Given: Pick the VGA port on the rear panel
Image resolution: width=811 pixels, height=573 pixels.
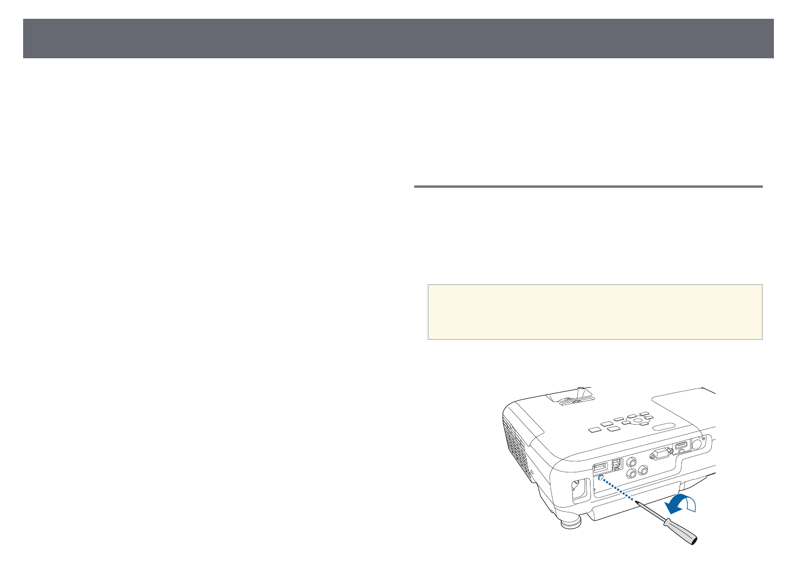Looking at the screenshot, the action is tap(660, 454).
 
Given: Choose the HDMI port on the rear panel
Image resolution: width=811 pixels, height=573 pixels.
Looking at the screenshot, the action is tap(681, 447).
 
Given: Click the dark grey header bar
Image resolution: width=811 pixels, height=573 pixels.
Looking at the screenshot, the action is tap(398, 39).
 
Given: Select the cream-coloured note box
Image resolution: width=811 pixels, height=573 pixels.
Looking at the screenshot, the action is tap(595, 312).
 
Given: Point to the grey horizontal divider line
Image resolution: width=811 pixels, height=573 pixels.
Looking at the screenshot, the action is tap(588, 186).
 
